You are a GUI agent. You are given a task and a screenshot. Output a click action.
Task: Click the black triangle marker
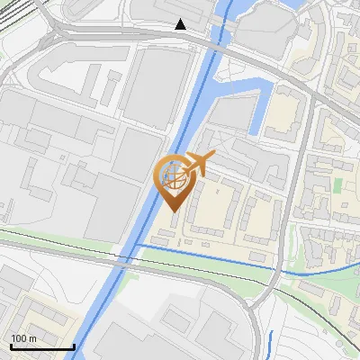point(181,24)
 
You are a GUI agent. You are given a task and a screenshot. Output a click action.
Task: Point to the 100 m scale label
point(23,338)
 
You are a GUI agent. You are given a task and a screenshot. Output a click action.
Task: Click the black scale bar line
point(41,346)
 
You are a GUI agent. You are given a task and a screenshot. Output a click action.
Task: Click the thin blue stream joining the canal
point(207,262)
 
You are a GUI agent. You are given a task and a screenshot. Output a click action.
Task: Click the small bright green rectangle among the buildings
point(338,184)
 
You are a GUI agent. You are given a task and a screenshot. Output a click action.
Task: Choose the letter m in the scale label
point(33,338)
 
